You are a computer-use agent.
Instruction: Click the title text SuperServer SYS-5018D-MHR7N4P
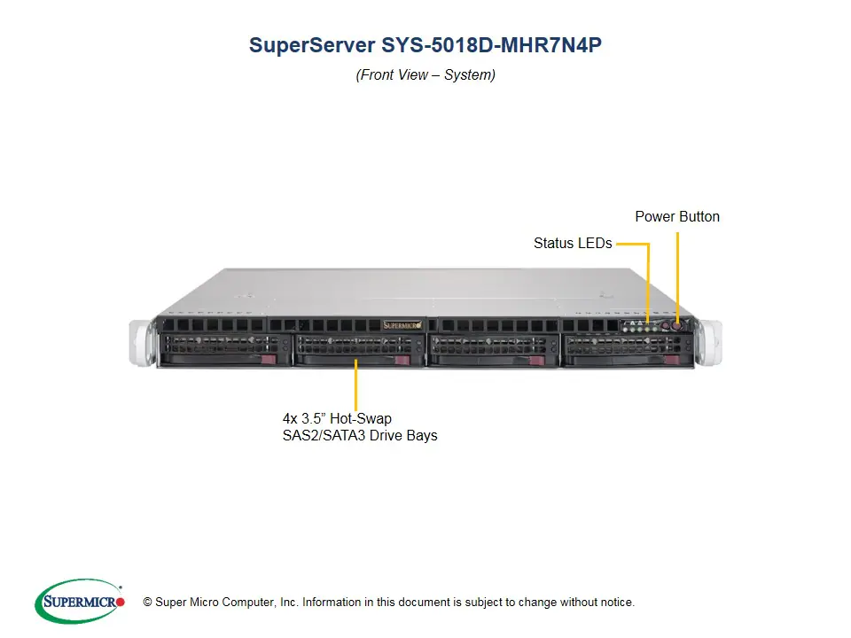(425, 46)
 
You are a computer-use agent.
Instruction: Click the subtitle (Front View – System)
(425, 75)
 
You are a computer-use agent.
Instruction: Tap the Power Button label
(677, 217)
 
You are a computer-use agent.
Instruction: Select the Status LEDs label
(573, 243)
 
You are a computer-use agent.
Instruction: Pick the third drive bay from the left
(490, 350)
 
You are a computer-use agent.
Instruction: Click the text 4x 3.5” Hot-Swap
(337, 417)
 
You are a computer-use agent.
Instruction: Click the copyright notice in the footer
(388, 603)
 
